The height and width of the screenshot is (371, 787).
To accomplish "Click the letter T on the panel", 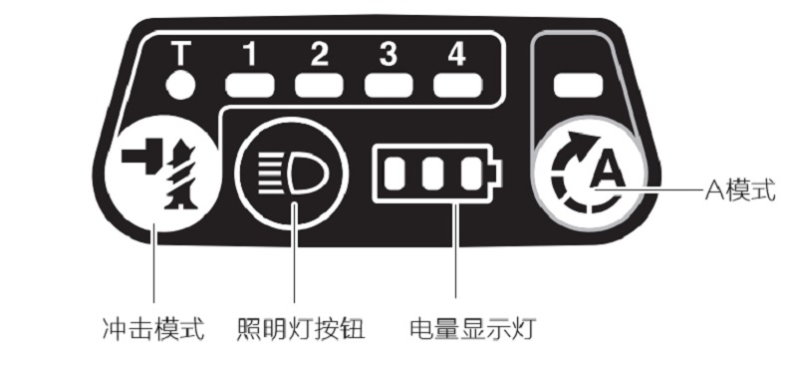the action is pyautogui.click(x=180, y=53).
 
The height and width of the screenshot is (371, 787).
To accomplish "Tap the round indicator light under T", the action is pyautogui.click(x=180, y=85).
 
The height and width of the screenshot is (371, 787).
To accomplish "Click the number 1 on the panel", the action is pyautogui.click(x=250, y=53).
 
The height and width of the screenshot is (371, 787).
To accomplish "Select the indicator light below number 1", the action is pyautogui.click(x=250, y=85).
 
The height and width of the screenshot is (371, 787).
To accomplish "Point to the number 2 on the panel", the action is pyautogui.click(x=319, y=53).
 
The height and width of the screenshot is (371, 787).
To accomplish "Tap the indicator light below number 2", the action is pyautogui.click(x=319, y=85).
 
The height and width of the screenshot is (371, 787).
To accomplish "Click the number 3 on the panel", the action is pyautogui.click(x=388, y=53).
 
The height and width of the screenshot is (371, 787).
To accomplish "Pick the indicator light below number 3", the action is pyautogui.click(x=389, y=85).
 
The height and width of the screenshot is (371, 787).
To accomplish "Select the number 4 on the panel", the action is pyautogui.click(x=456, y=53).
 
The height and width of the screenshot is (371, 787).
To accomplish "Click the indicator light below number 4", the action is pyautogui.click(x=457, y=85).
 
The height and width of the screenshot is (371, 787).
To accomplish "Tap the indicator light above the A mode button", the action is pyautogui.click(x=578, y=85).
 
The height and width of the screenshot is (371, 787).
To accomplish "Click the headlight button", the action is pyautogui.click(x=291, y=175).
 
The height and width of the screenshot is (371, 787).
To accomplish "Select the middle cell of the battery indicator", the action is pyautogui.click(x=432, y=174).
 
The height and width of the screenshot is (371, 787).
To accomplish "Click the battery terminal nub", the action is pyautogui.click(x=496, y=174).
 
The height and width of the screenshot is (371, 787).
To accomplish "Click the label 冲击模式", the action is pyautogui.click(x=153, y=330).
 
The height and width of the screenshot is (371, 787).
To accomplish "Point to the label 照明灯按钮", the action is pyautogui.click(x=301, y=330).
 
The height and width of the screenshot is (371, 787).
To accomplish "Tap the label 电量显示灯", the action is pyautogui.click(x=473, y=330).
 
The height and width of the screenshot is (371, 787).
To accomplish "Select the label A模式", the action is pyautogui.click(x=741, y=190).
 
